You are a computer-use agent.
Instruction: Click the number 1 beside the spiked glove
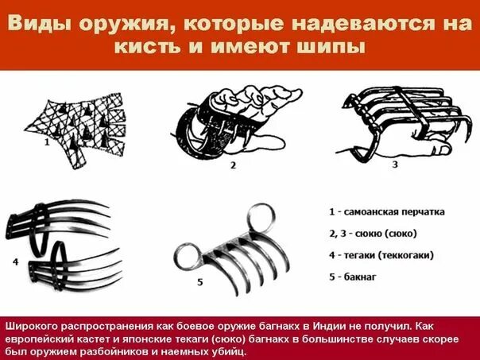coord(47,142)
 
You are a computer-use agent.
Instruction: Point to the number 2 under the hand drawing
coord(234,165)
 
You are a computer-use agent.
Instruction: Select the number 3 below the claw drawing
coord(395,165)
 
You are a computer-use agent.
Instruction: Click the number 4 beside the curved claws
coord(16,261)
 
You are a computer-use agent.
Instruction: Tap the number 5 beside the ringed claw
coord(200,282)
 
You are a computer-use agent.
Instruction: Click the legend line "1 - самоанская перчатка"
coord(387,212)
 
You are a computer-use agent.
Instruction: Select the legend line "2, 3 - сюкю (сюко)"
coord(374,234)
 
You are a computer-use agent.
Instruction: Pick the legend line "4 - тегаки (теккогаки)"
coord(381,255)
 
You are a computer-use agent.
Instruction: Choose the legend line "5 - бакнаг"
coord(353,277)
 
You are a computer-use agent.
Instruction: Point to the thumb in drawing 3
coord(441,149)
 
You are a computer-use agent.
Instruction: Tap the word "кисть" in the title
coord(147,48)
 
